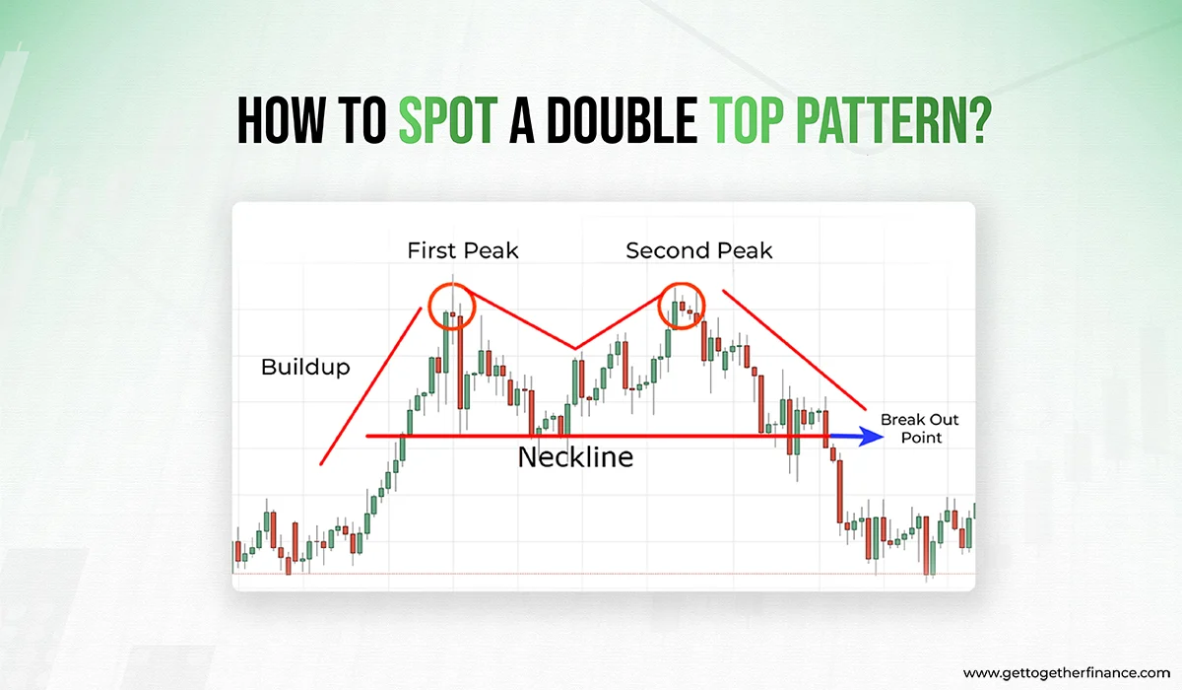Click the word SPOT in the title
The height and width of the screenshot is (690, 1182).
pos(447,120)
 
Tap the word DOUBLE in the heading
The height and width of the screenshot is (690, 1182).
pos(622,120)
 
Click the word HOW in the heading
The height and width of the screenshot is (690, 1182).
pos(281,120)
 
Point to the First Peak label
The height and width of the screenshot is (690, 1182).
pos(463,250)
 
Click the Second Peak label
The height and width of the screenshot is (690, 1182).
pos(698,250)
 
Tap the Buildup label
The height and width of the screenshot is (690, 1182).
pos(305,367)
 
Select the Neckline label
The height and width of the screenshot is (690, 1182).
pos(575,456)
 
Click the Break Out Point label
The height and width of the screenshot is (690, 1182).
pos(920,428)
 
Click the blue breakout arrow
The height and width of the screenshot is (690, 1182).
pos(856,437)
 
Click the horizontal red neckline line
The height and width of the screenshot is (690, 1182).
pos(597,436)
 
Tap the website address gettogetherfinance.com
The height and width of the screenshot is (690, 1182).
pos(1067,673)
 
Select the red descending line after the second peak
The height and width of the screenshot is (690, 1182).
pos(794,350)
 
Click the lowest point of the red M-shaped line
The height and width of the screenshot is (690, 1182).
pos(575,349)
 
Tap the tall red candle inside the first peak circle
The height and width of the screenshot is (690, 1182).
pos(460,362)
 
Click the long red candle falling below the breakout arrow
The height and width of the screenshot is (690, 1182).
pos(840,491)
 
